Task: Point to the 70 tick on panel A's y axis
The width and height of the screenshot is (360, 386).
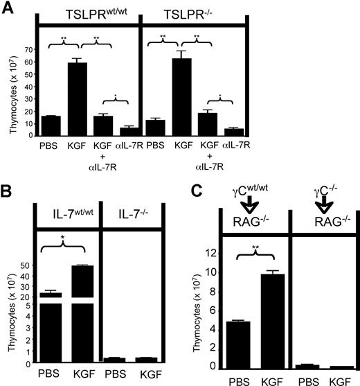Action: [x=31, y=51]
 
